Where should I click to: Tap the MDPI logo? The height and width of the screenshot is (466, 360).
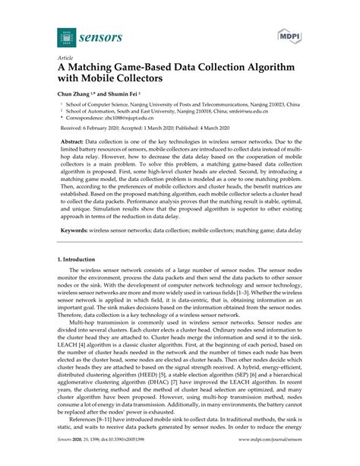point(287,35)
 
